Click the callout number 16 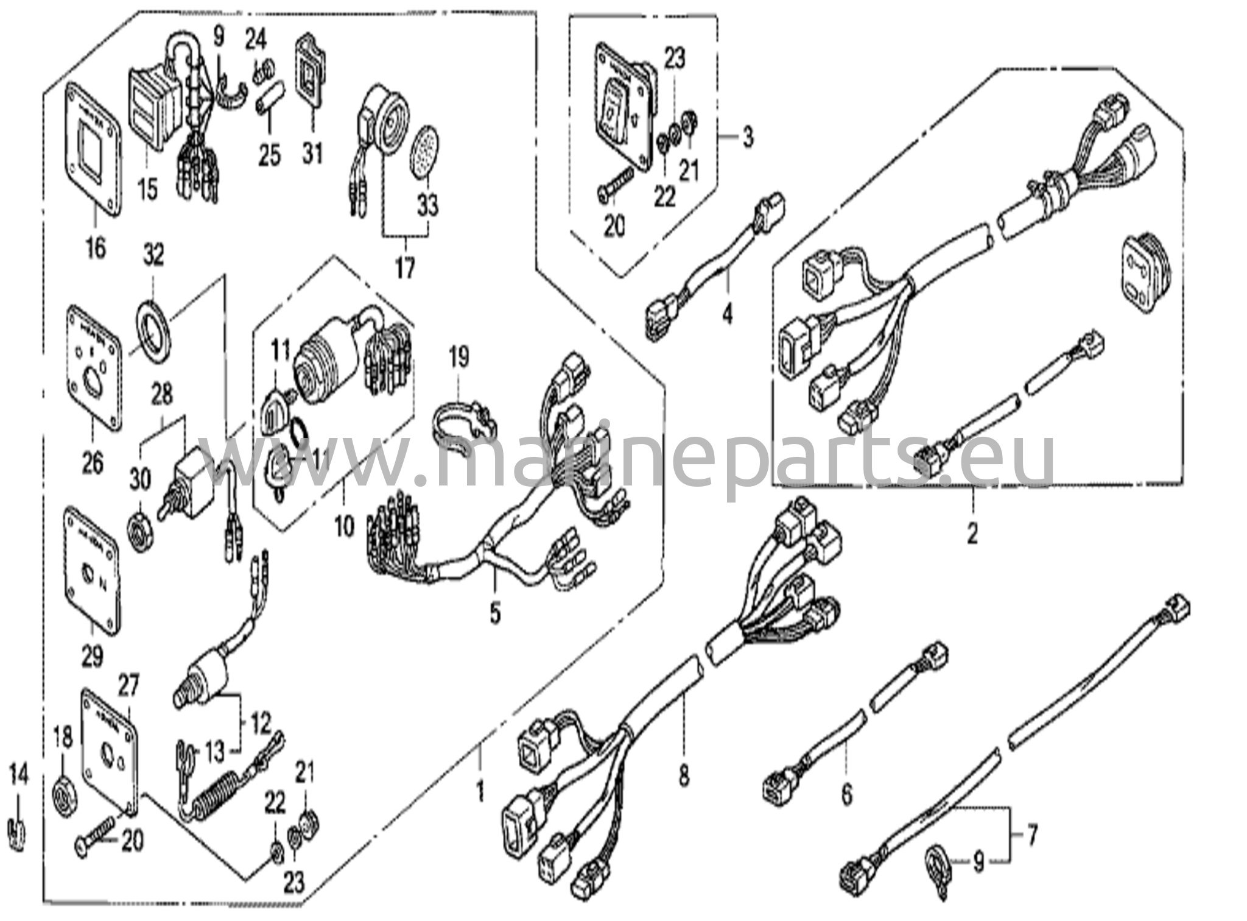96,247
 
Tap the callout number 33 428,204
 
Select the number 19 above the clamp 460,357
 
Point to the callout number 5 495,612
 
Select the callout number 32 153,255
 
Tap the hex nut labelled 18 63,796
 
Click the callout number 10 344,526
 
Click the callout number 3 748,136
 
